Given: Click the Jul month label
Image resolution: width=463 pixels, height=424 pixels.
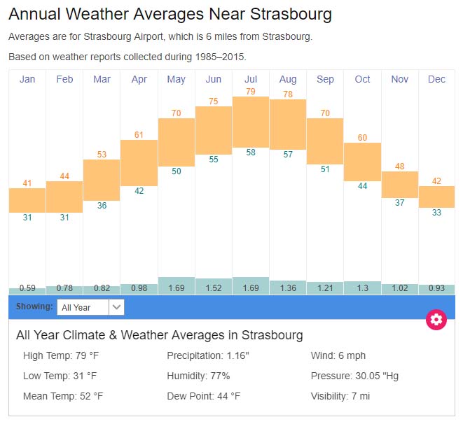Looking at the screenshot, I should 251,79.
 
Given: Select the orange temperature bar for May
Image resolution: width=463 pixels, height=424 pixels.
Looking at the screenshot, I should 177,142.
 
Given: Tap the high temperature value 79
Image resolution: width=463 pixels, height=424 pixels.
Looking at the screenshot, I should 251,92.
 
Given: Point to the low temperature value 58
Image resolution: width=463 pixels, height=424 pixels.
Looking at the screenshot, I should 251,153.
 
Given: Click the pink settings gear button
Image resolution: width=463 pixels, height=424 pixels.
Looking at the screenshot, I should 436,320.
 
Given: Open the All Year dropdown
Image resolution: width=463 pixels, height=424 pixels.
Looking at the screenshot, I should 91,306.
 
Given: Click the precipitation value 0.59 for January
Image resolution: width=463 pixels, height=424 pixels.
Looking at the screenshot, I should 27,288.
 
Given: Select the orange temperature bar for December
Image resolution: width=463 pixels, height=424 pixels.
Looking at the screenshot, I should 436,197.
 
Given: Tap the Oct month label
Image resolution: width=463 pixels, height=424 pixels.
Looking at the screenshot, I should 362,79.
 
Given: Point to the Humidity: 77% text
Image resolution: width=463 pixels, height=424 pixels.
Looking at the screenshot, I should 198,376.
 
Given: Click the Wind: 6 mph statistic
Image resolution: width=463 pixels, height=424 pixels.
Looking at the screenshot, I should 338,355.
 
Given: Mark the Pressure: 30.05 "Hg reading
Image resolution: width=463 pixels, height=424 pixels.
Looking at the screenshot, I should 354,376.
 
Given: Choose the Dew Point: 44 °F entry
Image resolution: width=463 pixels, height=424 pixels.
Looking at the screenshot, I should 203,396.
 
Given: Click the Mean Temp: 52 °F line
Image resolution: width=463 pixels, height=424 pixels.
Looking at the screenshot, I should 63,396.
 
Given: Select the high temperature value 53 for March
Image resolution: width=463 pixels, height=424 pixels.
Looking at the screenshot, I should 102,155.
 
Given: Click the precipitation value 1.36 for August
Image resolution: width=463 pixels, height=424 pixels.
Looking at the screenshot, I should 288,288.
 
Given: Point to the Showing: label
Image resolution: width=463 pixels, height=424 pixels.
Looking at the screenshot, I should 34,306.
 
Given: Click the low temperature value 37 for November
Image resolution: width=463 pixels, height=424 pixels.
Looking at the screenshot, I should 399,203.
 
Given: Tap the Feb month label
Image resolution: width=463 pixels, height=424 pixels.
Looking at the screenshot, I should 64,79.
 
